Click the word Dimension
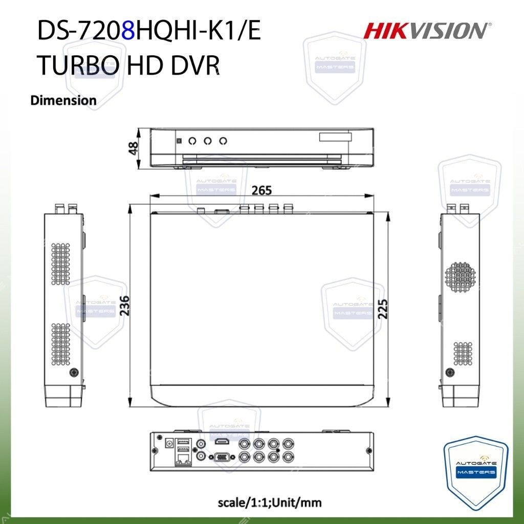[x=63, y=100]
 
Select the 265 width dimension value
[x=261, y=190]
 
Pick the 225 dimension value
[x=383, y=308]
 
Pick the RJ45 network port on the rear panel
[x=183, y=458]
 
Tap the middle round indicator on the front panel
[x=207, y=140]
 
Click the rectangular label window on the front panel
[x=335, y=137]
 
